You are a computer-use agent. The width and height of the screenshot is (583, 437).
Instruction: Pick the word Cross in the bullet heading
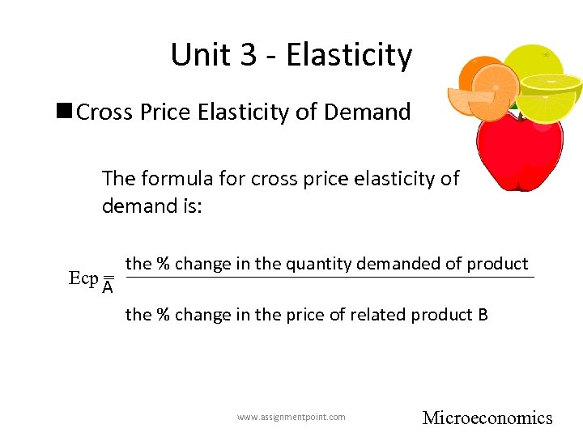pyautogui.click(x=104, y=112)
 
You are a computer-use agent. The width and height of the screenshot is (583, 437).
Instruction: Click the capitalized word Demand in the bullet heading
pyautogui.click(x=369, y=112)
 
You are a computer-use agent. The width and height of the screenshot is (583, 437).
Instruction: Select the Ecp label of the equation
pyautogui.click(x=83, y=278)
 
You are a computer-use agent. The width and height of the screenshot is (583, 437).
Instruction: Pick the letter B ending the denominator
pyautogui.click(x=483, y=314)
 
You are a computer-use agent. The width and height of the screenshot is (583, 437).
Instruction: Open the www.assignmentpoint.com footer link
pyautogui.click(x=291, y=417)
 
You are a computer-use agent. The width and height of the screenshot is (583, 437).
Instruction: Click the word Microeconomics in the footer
pyautogui.click(x=487, y=418)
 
